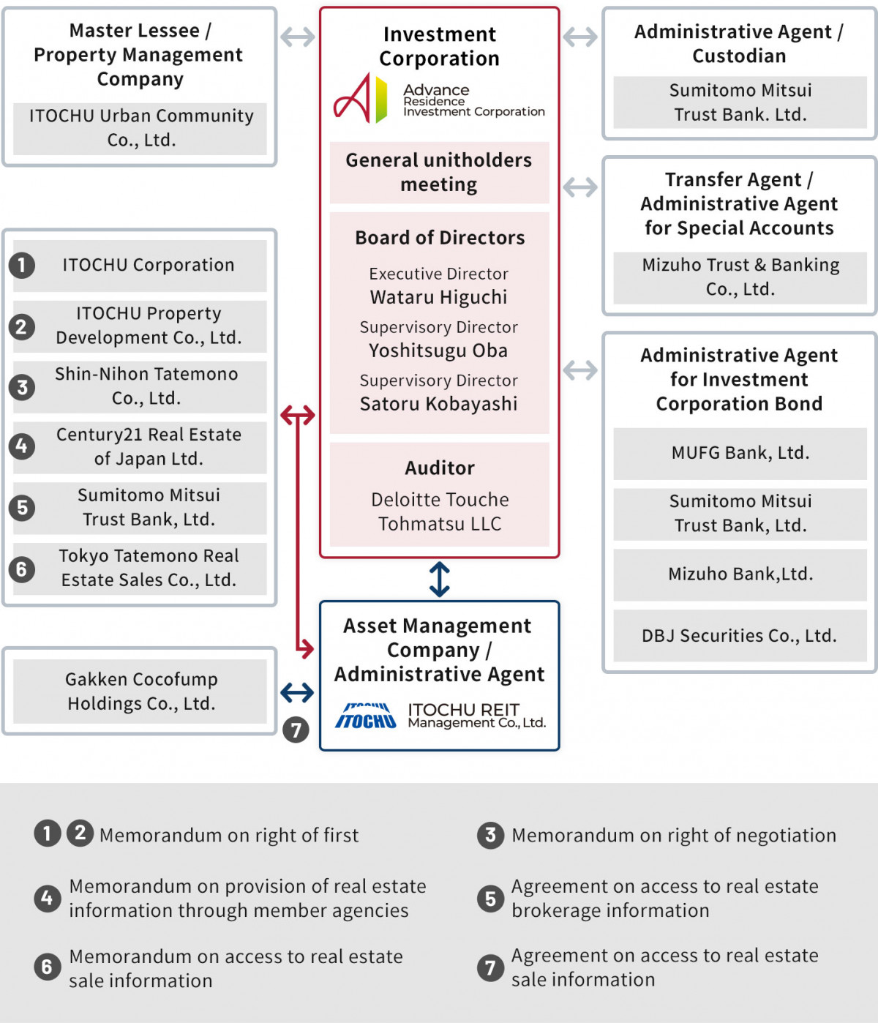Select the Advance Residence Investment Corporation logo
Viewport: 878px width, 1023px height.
pyautogui.click(x=438, y=98)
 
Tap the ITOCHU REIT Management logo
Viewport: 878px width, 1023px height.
pyautogui.click(x=440, y=716)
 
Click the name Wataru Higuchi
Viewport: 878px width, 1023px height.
pyautogui.click(x=438, y=297)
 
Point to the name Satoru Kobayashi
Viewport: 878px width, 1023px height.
pyautogui.click(x=438, y=404)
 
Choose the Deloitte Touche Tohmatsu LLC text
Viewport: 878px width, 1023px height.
pyautogui.click(x=440, y=511)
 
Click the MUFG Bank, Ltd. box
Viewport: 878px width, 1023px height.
pyautogui.click(x=740, y=453)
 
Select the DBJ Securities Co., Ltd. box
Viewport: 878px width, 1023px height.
pyautogui.click(x=740, y=635)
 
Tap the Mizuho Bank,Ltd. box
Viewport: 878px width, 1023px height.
pyautogui.click(x=740, y=574)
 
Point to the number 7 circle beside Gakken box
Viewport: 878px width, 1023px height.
pyautogui.click(x=296, y=730)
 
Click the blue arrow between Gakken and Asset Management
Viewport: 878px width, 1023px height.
pyautogui.click(x=297, y=692)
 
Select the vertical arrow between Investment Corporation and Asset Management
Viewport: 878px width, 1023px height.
pyautogui.click(x=439, y=579)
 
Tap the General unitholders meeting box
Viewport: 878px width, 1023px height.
pyautogui.click(x=439, y=172)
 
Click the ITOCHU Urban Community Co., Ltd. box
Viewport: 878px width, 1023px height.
pyautogui.click(x=140, y=128)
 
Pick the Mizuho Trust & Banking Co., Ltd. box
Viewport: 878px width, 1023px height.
pyautogui.click(x=740, y=277)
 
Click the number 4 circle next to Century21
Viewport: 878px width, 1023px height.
pyautogui.click(x=22, y=446)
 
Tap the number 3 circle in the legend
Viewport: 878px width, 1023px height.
pyautogui.click(x=490, y=835)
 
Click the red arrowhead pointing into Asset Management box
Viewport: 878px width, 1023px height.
pyautogui.click(x=307, y=648)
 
